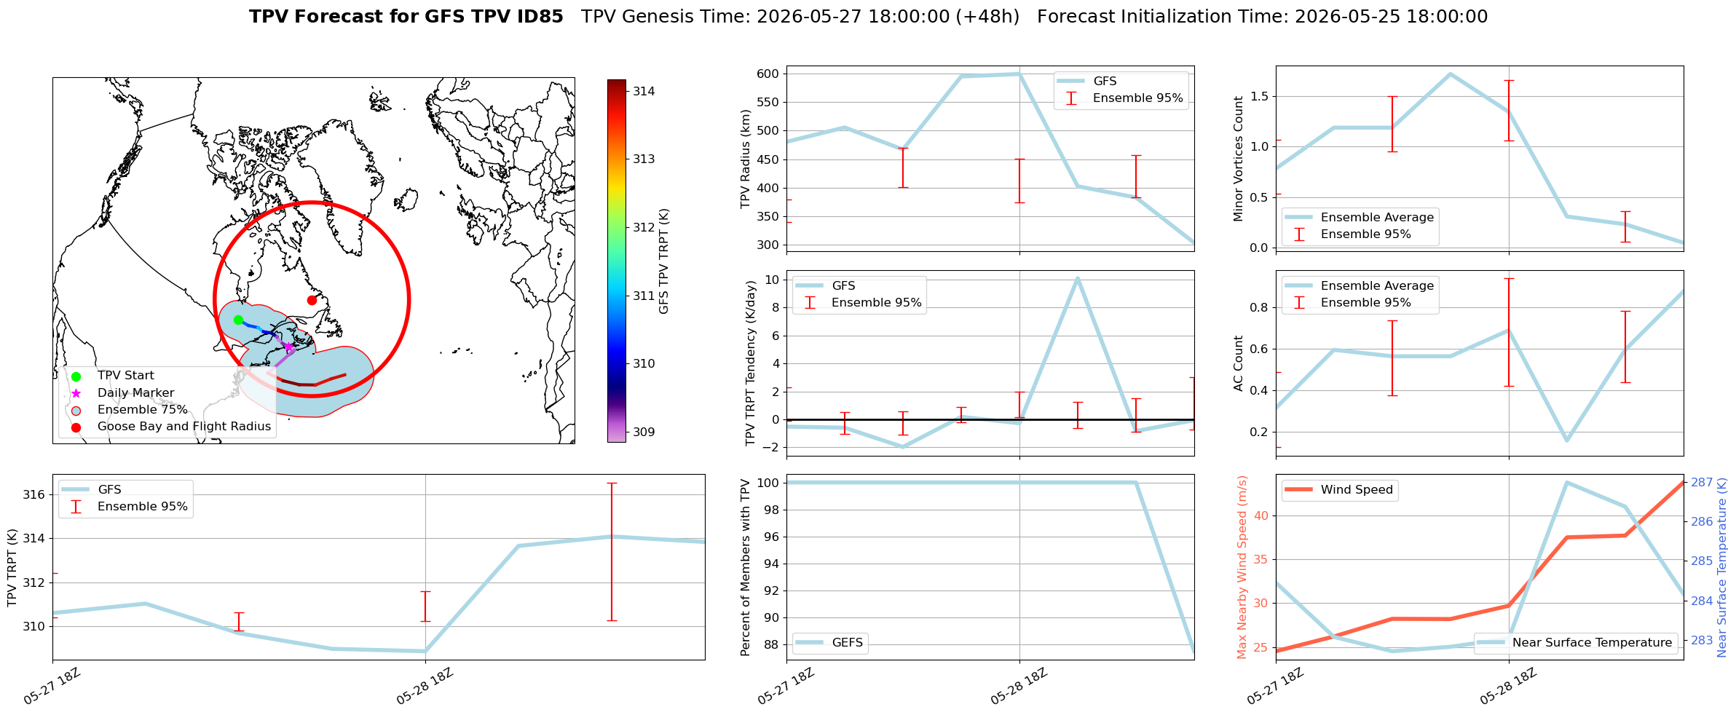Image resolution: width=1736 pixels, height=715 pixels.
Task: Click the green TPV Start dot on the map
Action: pos(238,320)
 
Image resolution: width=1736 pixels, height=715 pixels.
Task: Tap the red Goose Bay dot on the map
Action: pos(312,300)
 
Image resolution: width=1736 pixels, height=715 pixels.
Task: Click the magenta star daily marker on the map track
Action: pos(288,347)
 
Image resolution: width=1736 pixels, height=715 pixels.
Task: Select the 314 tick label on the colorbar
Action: pos(644,92)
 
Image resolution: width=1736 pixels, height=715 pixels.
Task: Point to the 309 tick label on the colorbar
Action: pos(644,432)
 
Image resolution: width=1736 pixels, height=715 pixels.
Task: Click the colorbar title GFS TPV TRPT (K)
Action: pos(663,261)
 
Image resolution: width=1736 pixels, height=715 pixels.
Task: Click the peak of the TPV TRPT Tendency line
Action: pos(1077,278)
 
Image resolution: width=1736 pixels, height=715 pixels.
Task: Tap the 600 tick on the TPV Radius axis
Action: pos(768,74)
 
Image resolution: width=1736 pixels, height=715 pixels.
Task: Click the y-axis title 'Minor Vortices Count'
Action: pos(1239,159)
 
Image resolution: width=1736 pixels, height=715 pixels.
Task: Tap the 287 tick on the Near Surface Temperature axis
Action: pos(1702,483)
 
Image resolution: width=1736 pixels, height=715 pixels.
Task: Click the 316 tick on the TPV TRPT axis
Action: pos(34,495)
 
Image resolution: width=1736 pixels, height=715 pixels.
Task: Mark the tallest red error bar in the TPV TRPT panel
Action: pos(612,552)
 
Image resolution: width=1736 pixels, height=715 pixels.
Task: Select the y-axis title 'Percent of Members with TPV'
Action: pos(745,567)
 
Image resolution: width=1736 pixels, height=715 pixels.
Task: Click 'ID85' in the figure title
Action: pos(539,17)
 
